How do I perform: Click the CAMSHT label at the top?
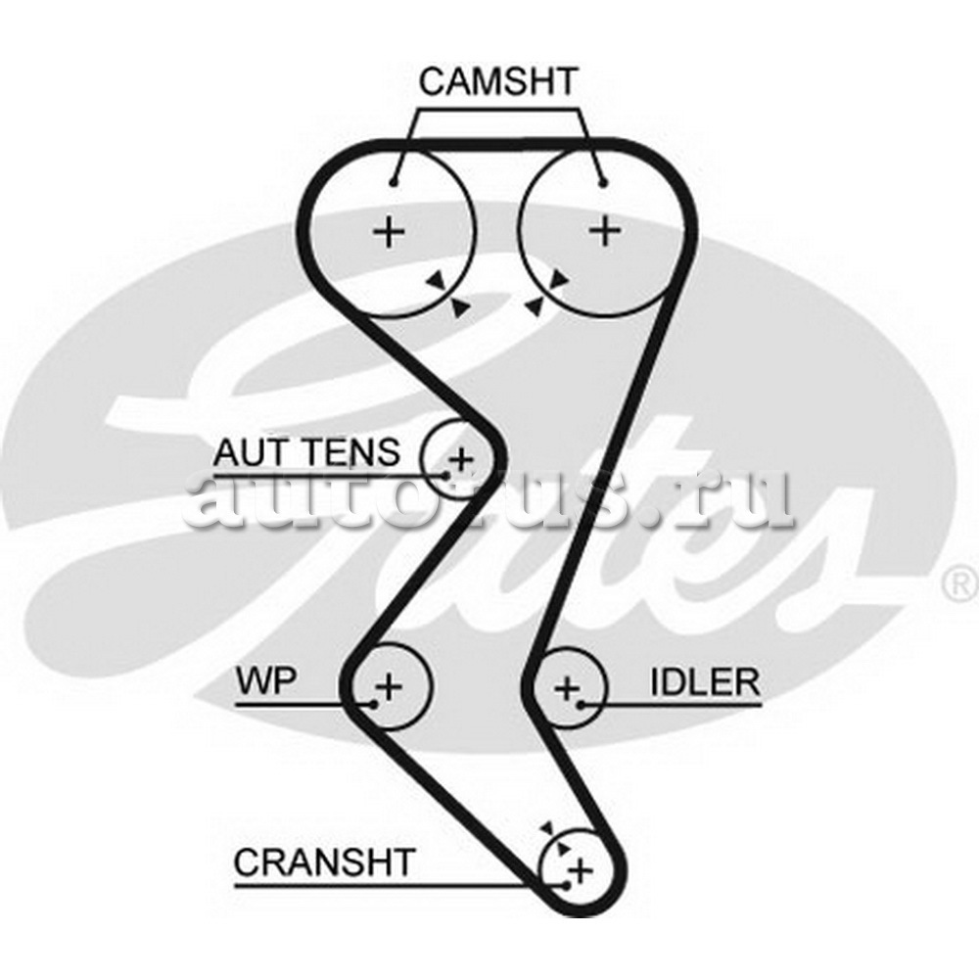pyautogui.click(x=498, y=81)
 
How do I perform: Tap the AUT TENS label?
pyautogui.click(x=306, y=452)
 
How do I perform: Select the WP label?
pyautogui.click(x=265, y=680)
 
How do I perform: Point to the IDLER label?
pyautogui.click(x=704, y=682)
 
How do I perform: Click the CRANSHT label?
pyautogui.click(x=324, y=862)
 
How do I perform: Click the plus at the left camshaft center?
pyautogui.click(x=390, y=231)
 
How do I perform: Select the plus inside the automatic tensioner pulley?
pyautogui.click(x=460, y=457)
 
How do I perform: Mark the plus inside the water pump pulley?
pyautogui.click(x=390, y=685)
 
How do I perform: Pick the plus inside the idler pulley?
pyautogui.click(x=567, y=688)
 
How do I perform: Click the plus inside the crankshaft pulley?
pyautogui.click(x=582, y=868)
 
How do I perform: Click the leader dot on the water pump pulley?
pyautogui.click(x=374, y=704)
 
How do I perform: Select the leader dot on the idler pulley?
pyautogui.click(x=581, y=704)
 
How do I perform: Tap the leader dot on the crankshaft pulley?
pyautogui.click(x=566, y=885)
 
